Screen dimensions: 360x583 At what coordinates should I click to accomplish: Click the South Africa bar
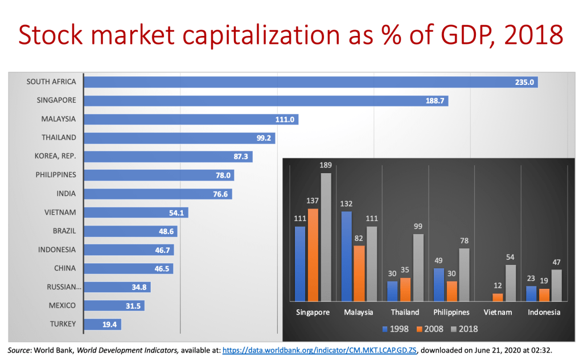[310, 82]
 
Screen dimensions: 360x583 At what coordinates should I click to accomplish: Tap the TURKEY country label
[63, 324]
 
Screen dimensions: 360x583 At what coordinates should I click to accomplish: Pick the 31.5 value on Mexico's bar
[133, 306]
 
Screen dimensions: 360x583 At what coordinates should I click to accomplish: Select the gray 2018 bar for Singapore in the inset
[326, 236]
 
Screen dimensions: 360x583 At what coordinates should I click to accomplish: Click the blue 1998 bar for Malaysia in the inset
[346, 256]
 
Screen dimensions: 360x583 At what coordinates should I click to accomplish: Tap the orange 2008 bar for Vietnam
[498, 297]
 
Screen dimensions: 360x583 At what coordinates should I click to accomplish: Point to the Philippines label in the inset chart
[451, 312]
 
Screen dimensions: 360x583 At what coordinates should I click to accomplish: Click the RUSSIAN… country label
[63, 287]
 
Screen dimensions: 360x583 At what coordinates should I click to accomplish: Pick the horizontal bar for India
[157, 194]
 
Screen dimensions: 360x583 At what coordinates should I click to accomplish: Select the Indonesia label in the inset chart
[544, 312]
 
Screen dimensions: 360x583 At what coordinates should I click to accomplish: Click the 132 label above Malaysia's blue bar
[346, 204]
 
